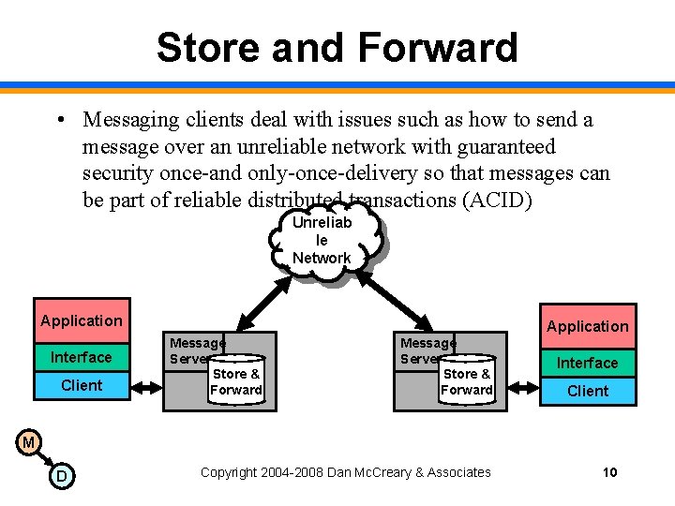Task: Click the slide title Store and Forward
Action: coord(337,47)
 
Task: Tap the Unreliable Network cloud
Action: coord(324,240)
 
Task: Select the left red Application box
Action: coord(82,320)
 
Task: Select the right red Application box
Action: coord(588,326)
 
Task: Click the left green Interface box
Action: coord(82,357)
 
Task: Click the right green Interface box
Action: coord(588,363)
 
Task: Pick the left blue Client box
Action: coord(82,385)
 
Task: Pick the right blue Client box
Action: coord(588,391)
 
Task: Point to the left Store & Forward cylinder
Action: coord(235,380)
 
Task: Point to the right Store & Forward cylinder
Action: coord(466,380)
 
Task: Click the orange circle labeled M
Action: coord(28,441)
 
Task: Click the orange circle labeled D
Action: coord(61,477)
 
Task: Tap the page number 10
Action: coord(609,472)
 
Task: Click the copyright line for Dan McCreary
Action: coord(345,472)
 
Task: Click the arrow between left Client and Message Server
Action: coord(147,384)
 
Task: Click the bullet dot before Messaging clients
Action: coord(59,121)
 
